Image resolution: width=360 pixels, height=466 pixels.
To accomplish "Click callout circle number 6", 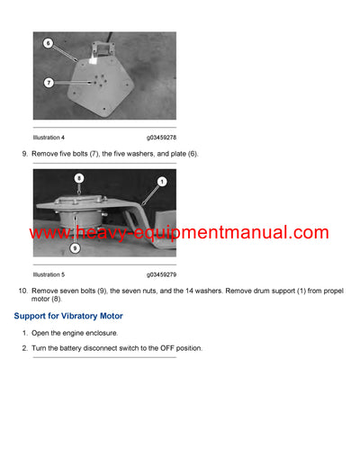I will coord(48,42).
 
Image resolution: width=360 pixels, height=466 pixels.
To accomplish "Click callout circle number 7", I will coord(48,83).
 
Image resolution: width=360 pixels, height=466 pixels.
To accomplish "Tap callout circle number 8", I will coord(79,179).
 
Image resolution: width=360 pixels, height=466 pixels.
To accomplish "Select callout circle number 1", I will coord(161,182).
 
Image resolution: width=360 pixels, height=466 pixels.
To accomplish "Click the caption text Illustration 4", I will coord(49,138).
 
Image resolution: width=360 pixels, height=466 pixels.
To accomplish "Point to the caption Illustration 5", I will coord(49,274).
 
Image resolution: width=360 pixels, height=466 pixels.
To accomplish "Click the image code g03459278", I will coord(161,138).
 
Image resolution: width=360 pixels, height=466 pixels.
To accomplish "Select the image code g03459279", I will coord(161,274).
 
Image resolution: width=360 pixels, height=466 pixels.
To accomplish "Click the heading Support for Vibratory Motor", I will coord(68,316).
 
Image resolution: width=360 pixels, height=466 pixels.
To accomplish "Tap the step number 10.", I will coord(22,291).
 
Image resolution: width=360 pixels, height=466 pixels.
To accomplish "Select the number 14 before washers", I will coord(184,291).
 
